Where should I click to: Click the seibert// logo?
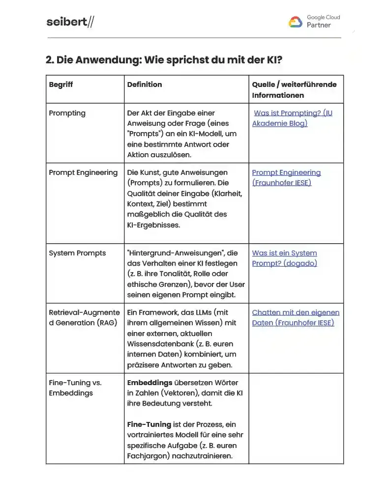pos(70,22)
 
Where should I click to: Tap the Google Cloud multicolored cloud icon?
pos(295,22)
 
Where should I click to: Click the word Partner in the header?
pos(319,25)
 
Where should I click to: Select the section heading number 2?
pos(49,60)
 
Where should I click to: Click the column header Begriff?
pos(61,84)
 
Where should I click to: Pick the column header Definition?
pos(145,84)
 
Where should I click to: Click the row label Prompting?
pos(67,113)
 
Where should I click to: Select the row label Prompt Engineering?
pos(83,172)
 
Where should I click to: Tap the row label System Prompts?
pos(77,253)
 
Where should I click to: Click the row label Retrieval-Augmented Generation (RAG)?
pos(84,317)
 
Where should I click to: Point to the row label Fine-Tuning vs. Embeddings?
pos(75,388)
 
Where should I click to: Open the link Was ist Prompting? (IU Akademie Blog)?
pos(292,118)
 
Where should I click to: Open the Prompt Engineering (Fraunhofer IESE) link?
pos(286,177)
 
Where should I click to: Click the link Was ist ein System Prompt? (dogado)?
pos(285,258)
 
